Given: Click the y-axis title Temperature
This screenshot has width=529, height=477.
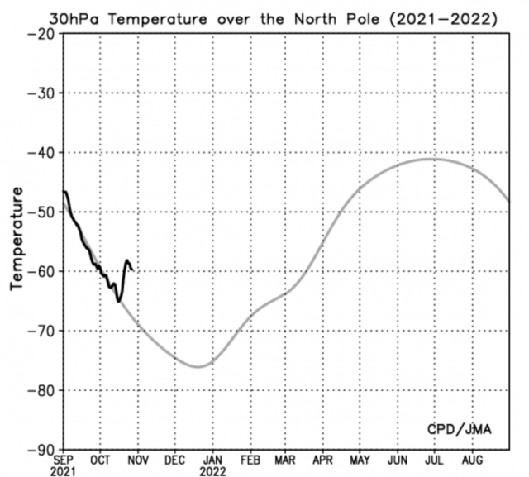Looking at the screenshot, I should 16,237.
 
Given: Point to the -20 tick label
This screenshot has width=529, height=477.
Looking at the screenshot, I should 41,33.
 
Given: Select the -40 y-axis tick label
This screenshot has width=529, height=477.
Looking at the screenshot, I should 41,152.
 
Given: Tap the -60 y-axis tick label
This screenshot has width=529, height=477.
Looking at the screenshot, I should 41,271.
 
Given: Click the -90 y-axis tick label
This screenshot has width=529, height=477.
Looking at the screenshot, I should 41,450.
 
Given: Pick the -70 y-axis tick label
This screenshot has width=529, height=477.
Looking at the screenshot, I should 41,331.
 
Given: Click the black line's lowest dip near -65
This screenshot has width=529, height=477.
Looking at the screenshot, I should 119,301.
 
